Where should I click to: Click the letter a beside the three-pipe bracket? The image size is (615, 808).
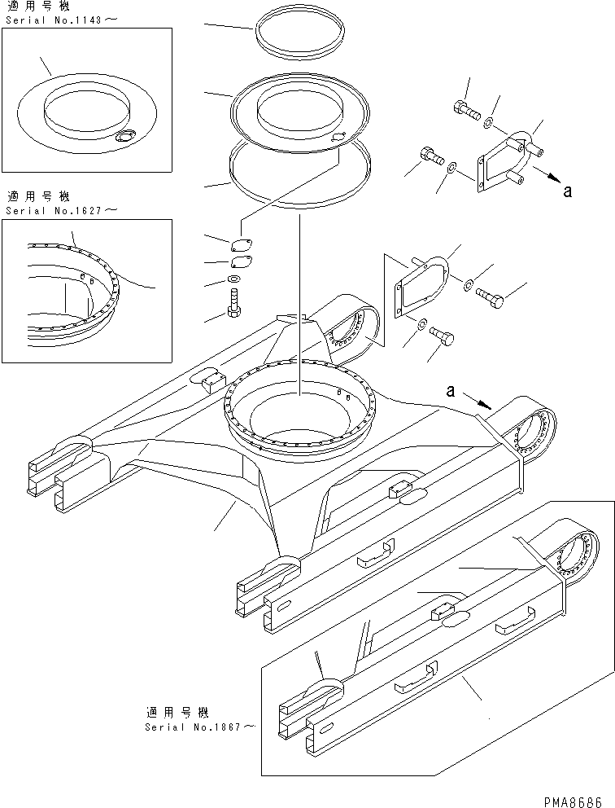click(568, 191)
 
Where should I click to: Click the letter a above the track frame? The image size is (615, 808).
click(449, 392)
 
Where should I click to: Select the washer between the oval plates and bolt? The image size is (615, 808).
click(234, 281)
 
